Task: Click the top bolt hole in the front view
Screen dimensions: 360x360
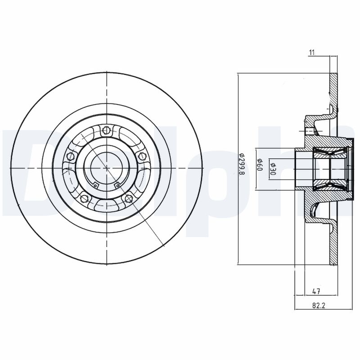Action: point(107,131)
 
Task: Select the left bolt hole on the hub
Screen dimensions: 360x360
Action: point(70,157)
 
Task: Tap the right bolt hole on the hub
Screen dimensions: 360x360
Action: point(143,156)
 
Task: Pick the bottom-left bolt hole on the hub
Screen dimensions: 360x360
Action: point(83,198)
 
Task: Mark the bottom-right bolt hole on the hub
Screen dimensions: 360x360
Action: point(129,198)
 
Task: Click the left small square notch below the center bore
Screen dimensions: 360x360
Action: point(95,184)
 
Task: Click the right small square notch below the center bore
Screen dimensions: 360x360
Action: point(117,184)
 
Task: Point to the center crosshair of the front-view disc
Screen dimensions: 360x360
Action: point(107,168)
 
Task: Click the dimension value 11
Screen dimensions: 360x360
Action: point(311,53)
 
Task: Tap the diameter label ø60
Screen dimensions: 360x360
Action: point(260,167)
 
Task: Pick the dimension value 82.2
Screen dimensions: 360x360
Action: point(319,306)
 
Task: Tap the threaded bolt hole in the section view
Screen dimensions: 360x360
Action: point(309,131)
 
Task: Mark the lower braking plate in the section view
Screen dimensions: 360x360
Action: point(333,247)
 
